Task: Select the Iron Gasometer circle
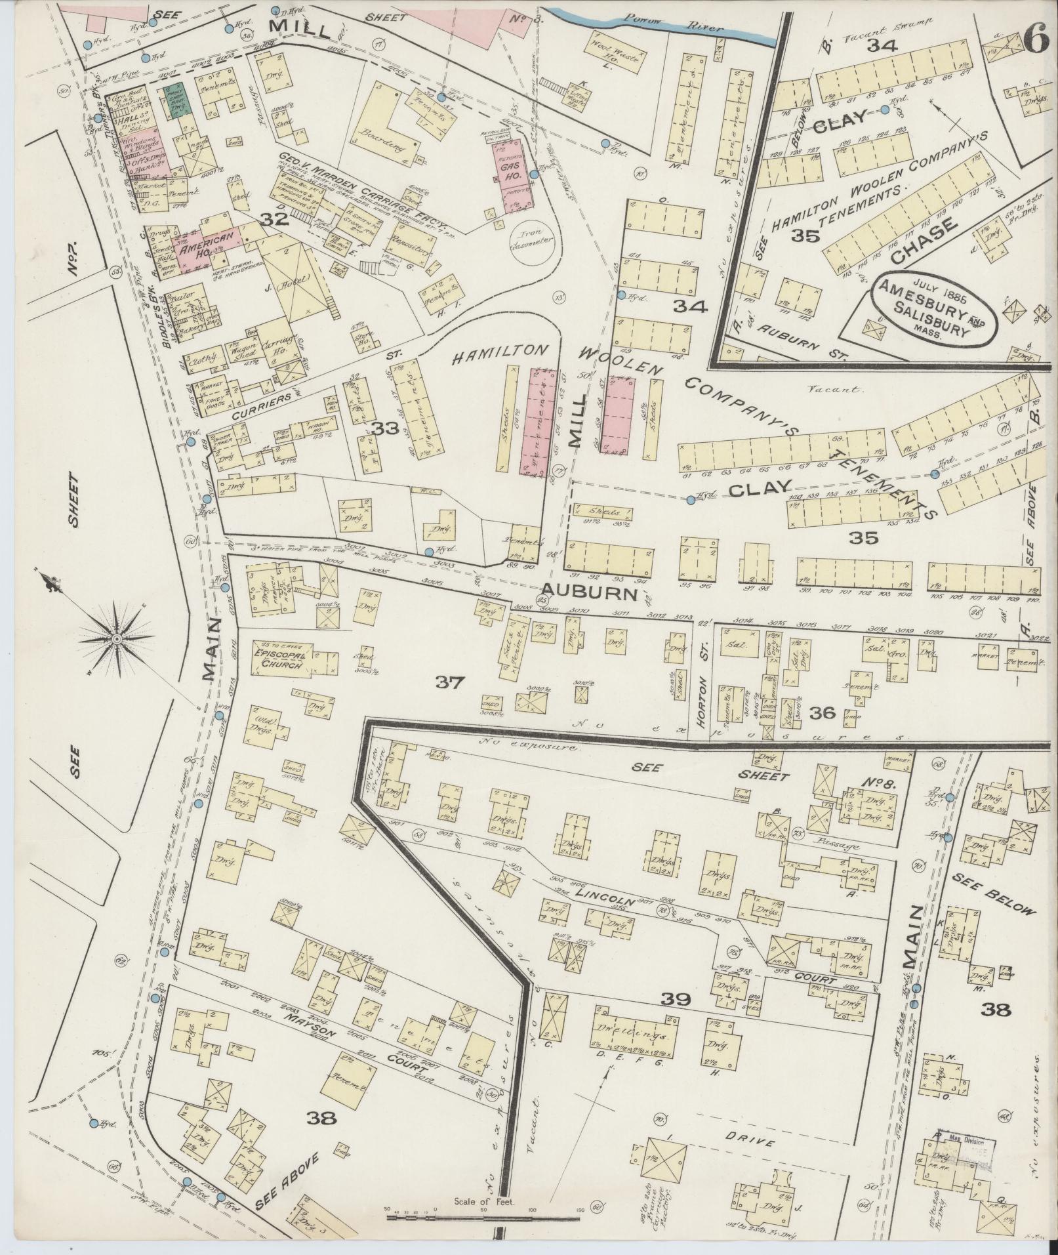(x=531, y=245)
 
